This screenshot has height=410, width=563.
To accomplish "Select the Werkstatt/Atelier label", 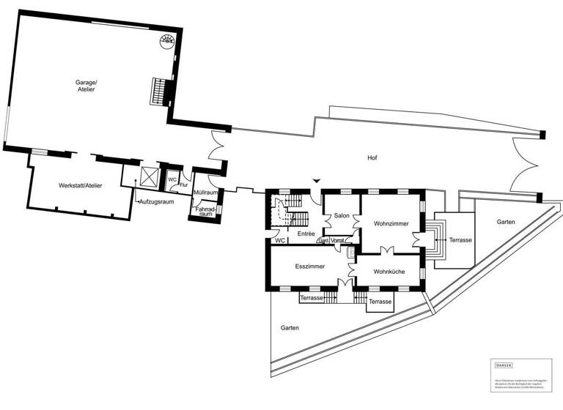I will (81, 186).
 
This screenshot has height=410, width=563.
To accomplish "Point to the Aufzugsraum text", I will (156, 201).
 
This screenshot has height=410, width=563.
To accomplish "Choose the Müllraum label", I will (205, 193).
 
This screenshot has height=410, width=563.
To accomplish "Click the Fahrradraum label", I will (206, 212).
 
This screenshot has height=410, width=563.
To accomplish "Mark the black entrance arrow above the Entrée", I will (316, 180).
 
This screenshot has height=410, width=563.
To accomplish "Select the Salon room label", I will (342, 216).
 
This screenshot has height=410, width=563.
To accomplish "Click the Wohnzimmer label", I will (390, 223).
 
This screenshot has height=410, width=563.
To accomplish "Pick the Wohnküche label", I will (389, 272).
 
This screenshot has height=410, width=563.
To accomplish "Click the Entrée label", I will (306, 234).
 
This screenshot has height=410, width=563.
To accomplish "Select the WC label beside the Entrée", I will (279, 240).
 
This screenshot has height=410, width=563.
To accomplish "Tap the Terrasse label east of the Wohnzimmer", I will (460, 240).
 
